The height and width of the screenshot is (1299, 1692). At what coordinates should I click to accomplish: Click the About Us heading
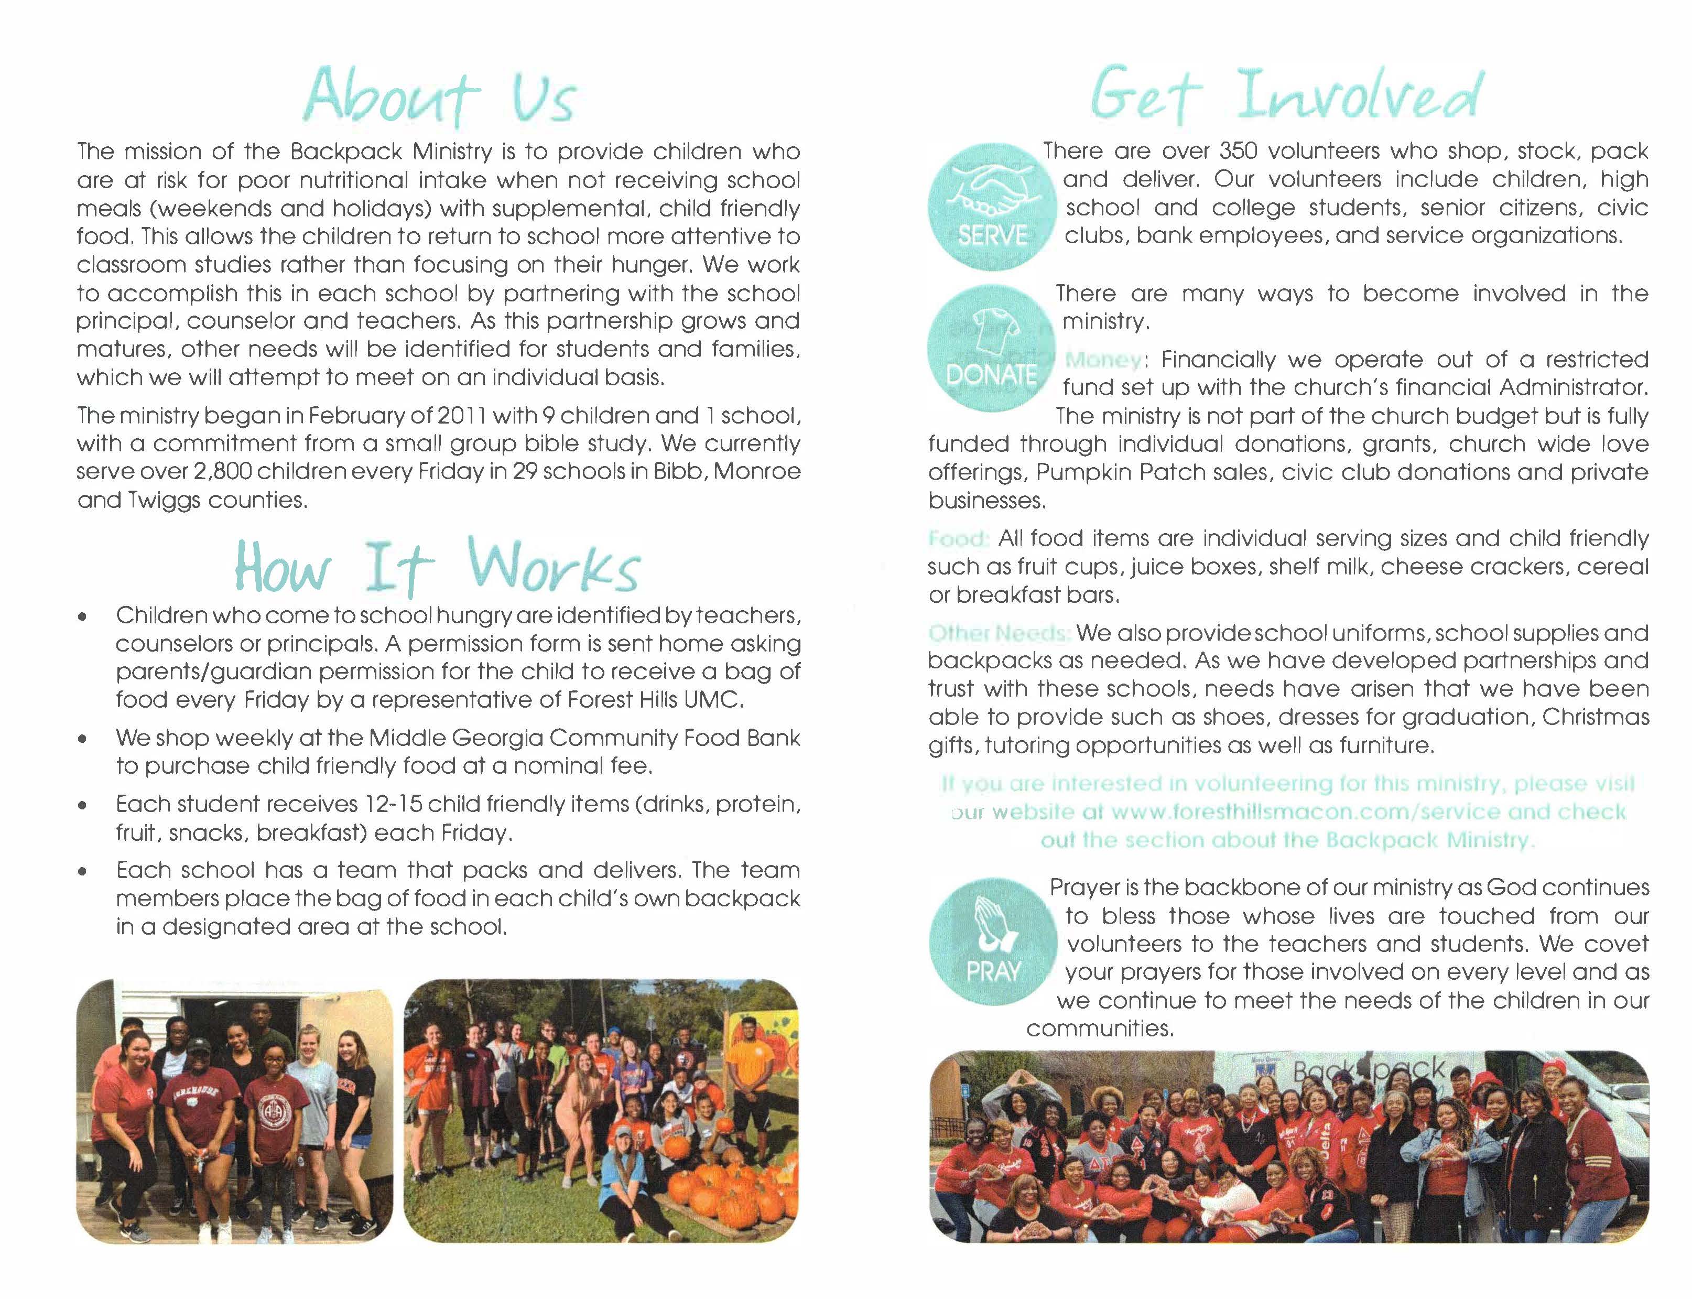[439, 98]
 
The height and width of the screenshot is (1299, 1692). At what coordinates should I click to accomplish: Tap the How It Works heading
[438, 568]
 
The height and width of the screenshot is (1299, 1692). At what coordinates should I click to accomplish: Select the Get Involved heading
[1286, 96]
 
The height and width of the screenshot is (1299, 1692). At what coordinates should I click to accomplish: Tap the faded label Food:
[958, 538]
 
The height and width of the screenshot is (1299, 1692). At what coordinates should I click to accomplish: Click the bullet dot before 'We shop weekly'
[81, 739]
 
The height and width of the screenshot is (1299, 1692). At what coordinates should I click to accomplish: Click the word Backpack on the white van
[1368, 1071]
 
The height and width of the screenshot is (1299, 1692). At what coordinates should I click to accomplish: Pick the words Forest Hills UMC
[655, 700]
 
